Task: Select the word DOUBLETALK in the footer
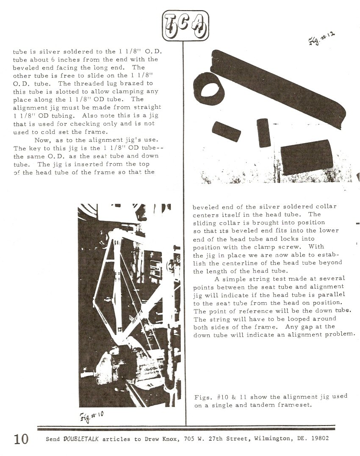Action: click(81, 439)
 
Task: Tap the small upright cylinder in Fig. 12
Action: click(263, 133)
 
